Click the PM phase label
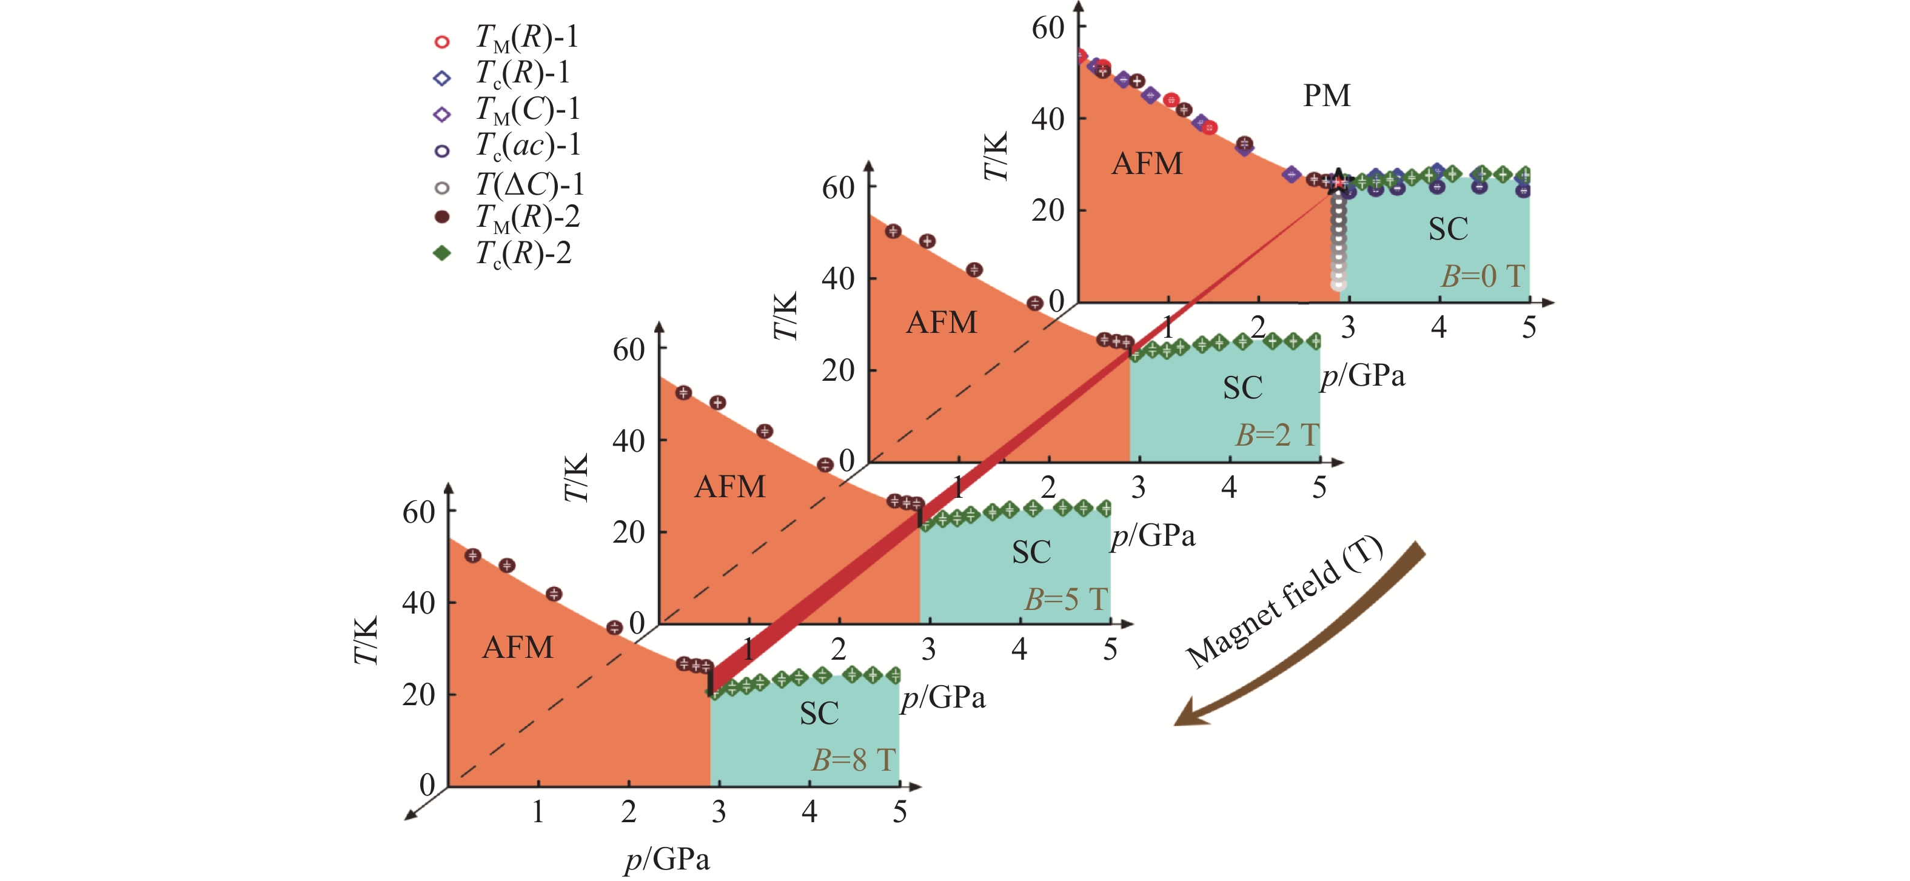click(x=1327, y=96)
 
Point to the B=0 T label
click(x=1482, y=276)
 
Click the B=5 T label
click(x=1065, y=599)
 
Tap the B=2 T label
click(x=1276, y=435)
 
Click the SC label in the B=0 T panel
click(x=1448, y=229)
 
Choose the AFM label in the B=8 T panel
click(x=518, y=648)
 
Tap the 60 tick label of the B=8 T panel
click(x=418, y=512)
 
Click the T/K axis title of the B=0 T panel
click(x=996, y=157)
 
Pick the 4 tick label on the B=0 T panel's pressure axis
click(x=1438, y=327)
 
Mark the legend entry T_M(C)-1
click(x=526, y=110)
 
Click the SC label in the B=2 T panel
click(x=1242, y=388)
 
